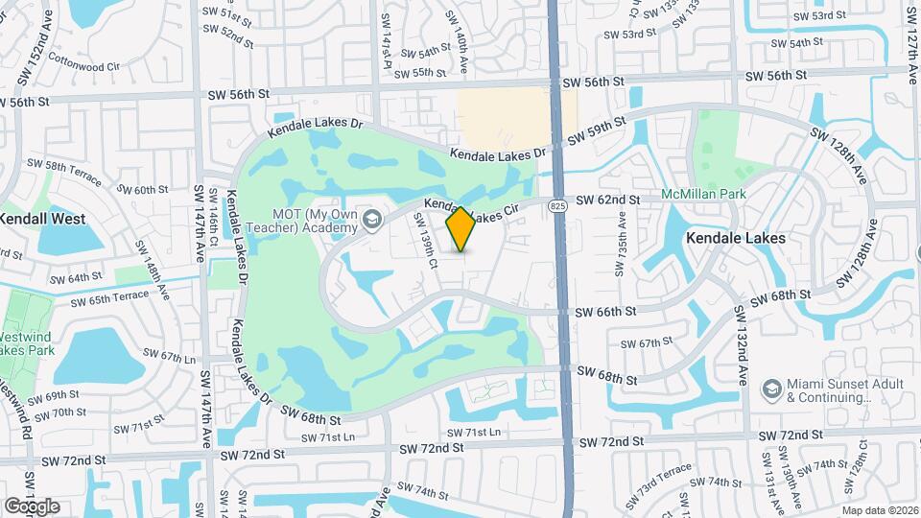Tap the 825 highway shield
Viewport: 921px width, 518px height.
[x=557, y=206]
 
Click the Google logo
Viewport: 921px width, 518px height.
[x=32, y=506]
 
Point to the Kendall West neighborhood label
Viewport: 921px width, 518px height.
[x=42, y=219]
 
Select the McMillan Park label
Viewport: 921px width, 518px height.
[x=704, y=195]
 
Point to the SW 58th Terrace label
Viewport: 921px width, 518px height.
[x=59, y=166]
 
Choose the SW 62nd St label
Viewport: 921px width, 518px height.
[x=608, y=200]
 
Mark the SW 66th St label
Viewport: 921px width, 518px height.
[x=605, y=312]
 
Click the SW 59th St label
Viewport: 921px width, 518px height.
[x=596, y=130]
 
